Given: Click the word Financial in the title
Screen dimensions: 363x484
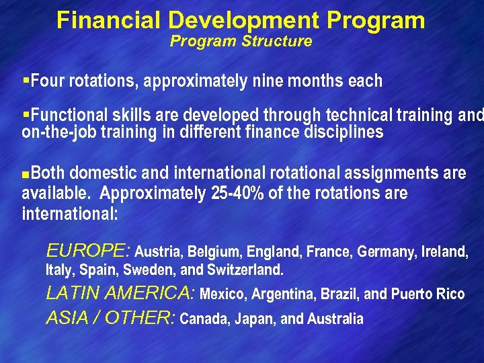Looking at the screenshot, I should pos(98,20).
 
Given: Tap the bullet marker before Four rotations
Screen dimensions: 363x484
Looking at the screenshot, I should pos(26,81).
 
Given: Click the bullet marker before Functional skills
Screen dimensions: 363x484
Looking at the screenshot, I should pos(26,115).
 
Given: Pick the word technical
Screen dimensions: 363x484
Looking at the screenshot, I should pos(364,115).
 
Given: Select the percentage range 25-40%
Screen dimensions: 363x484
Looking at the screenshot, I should pos(237,194).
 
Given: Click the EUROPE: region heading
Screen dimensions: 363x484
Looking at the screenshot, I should pos(87,252).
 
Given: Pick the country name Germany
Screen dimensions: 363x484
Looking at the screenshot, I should pos(385,253).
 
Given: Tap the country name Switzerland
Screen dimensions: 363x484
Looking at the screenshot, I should pos(245,271).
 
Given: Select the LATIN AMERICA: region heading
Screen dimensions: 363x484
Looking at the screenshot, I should pos(120,294).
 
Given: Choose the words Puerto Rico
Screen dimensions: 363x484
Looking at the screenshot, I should pos(428,294).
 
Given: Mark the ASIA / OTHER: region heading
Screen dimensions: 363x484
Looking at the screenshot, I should pos(110,318).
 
